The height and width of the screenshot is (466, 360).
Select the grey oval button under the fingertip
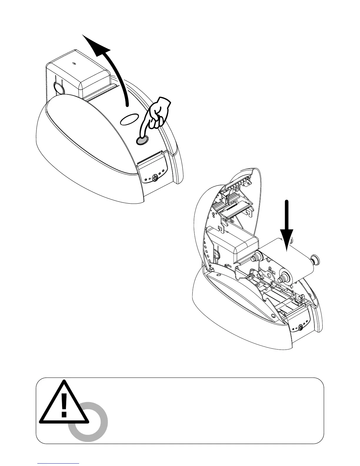pos(142,141)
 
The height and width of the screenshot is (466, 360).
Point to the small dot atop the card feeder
pos(74,63)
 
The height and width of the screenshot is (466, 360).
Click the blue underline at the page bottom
pos(58,463)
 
